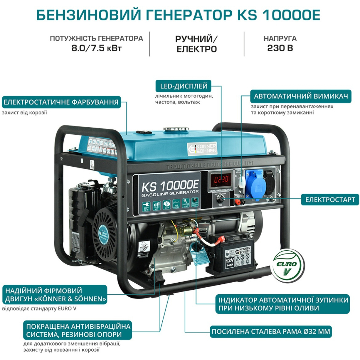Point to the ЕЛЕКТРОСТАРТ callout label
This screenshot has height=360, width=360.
pos(330,200)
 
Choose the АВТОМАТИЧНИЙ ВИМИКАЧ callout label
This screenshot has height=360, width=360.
pos(301,96)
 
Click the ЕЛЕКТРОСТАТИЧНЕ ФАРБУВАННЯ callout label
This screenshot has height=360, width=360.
pos(60,102)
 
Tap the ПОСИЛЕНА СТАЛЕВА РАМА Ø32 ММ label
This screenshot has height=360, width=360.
pos(271,331)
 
